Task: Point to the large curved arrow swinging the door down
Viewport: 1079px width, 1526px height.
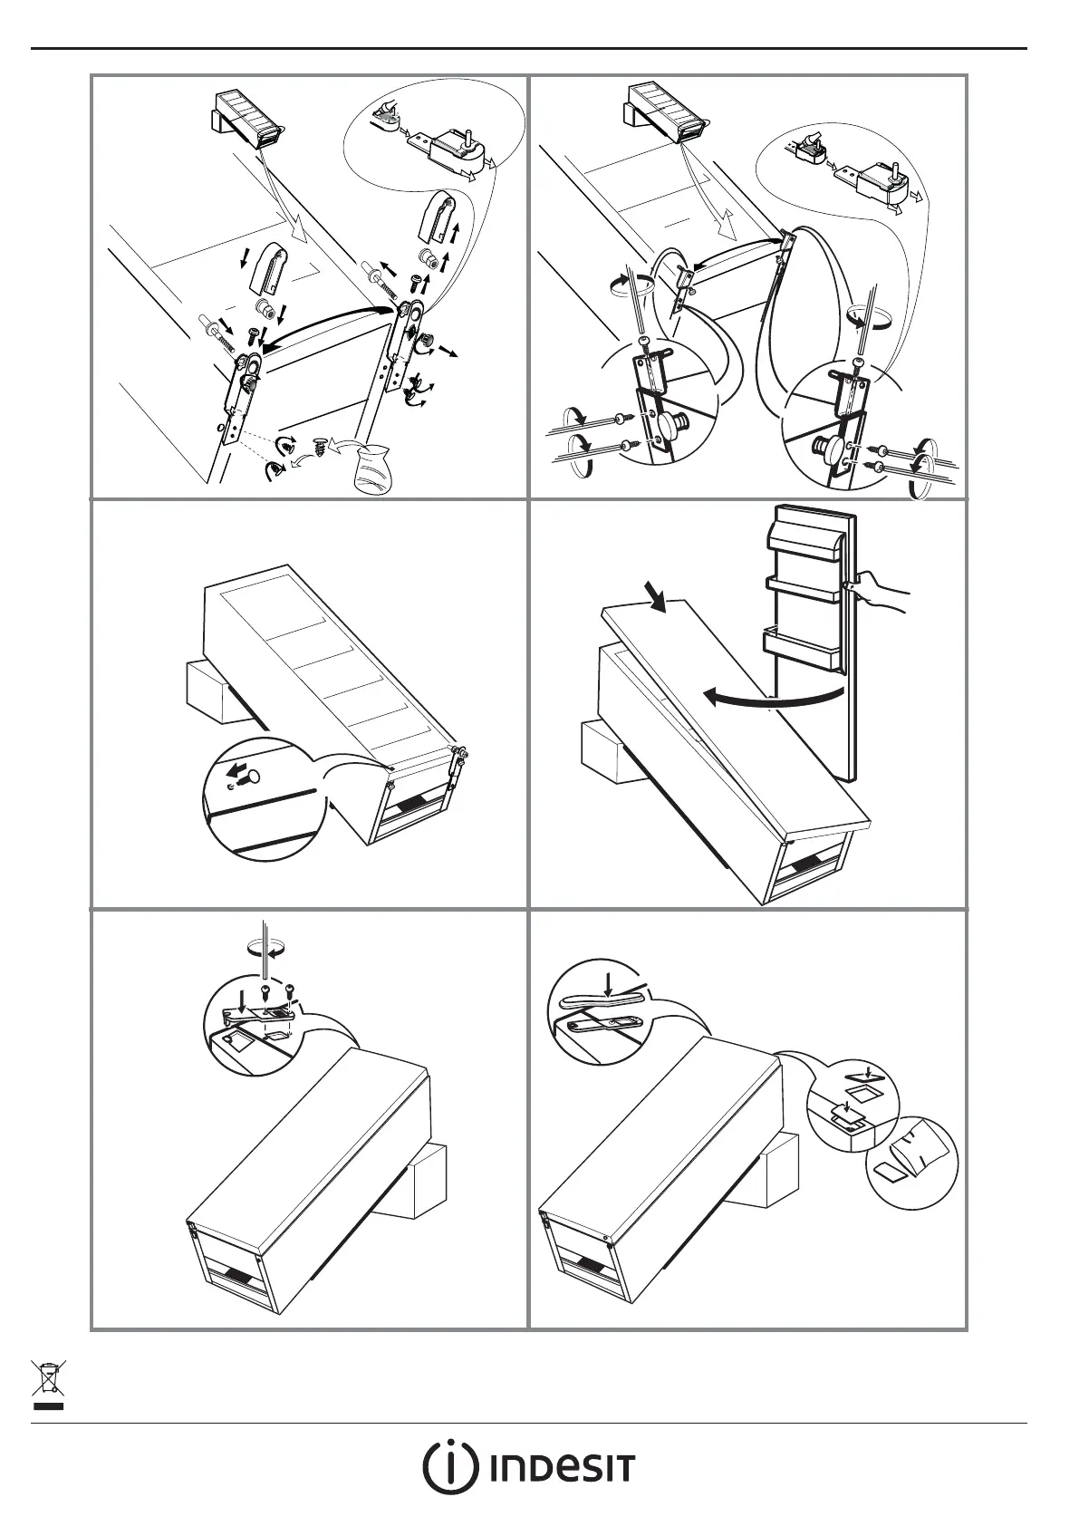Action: pos(775,696)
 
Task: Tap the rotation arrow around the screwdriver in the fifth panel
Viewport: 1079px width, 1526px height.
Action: pos(265,947)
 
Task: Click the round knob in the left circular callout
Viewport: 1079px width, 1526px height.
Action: pos(673,426)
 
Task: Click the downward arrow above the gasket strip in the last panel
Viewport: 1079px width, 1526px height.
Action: pos(607,982)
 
